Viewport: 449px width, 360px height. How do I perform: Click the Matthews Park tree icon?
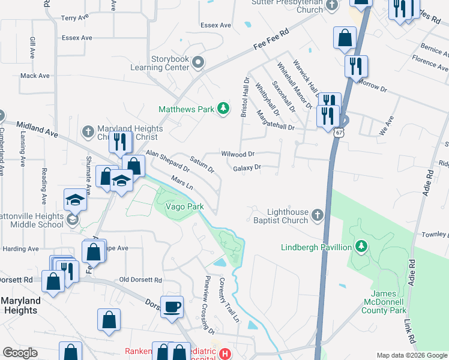click(x=223, y=108)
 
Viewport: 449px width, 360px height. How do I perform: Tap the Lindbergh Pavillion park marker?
click(x=361, y=246)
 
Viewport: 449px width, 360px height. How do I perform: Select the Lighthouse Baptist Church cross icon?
click(x=318, y=215)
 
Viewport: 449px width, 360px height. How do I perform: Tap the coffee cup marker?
click(x=173, y=306)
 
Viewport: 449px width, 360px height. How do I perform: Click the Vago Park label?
click(x=185, y=207)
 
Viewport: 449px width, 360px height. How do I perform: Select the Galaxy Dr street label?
click(x=247, y=168)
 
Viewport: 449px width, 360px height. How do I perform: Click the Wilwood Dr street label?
click(x=238, y=154)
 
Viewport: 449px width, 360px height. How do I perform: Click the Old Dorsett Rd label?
click(x=141, y=280)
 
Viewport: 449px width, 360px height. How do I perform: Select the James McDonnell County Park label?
click(x=384, y=301)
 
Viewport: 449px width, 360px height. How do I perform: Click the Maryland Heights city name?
click(x=20, y=305)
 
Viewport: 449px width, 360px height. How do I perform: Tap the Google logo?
click(x=20, y=353)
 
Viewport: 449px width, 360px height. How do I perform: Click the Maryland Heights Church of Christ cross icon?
click(x=87, y=130)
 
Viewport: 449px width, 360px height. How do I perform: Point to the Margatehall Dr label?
click(x=275, y=121)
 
